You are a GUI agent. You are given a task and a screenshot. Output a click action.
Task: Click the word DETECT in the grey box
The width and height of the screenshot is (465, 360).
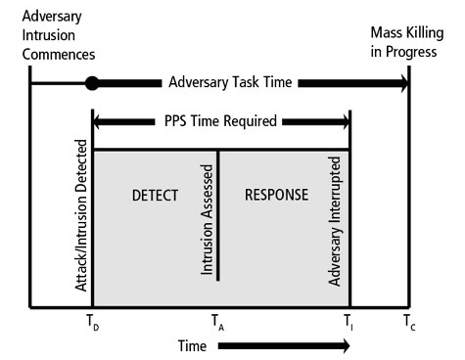point(155,196)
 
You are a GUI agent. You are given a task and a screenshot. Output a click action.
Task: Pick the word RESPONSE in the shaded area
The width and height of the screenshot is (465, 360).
point(275,196)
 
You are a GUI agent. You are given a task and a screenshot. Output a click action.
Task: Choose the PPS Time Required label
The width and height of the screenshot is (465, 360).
point(221,123)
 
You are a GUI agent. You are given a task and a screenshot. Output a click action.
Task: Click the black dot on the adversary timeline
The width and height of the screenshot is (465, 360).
point(93,83)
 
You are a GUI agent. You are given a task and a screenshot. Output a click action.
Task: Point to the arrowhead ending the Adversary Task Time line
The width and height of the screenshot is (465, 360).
point(400,83)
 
